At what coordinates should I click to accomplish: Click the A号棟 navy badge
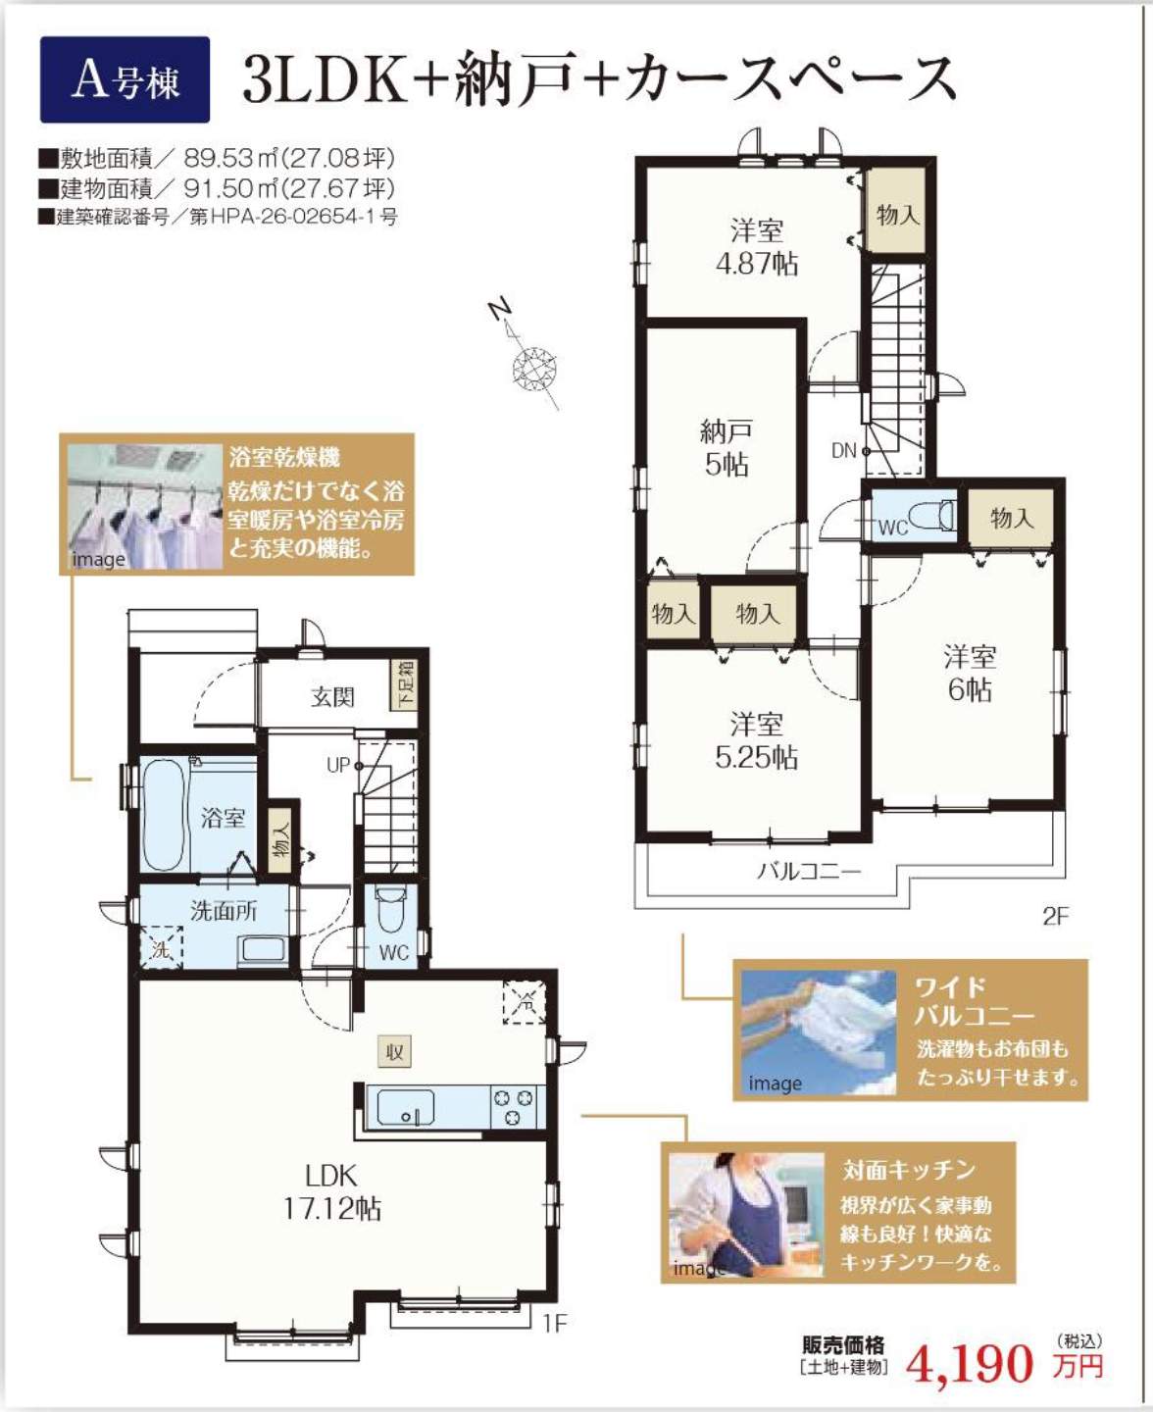click(x=125, y=79)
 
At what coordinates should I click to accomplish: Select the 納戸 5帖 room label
click(x=726, y=448)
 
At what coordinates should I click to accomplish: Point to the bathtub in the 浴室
click(x=164, y=816)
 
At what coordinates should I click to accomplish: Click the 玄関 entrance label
click(x=332, y=697)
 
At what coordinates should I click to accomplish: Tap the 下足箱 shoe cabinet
click(x=404, y=684)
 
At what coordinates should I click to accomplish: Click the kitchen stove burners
click(x=513, y=1107)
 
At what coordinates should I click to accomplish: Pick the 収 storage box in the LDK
click(x=394, y=1052)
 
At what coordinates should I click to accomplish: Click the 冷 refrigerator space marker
click(x=525, y=1002)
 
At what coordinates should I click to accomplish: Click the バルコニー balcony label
click(x=809, y=871)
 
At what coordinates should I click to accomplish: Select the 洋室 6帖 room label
click(x=971, y=674)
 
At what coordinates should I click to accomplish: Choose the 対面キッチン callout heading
click(x=909, y=1170)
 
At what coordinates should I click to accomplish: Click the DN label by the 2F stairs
click(x=843, y=451)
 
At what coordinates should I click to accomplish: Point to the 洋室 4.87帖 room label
click(x=757, y=247)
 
